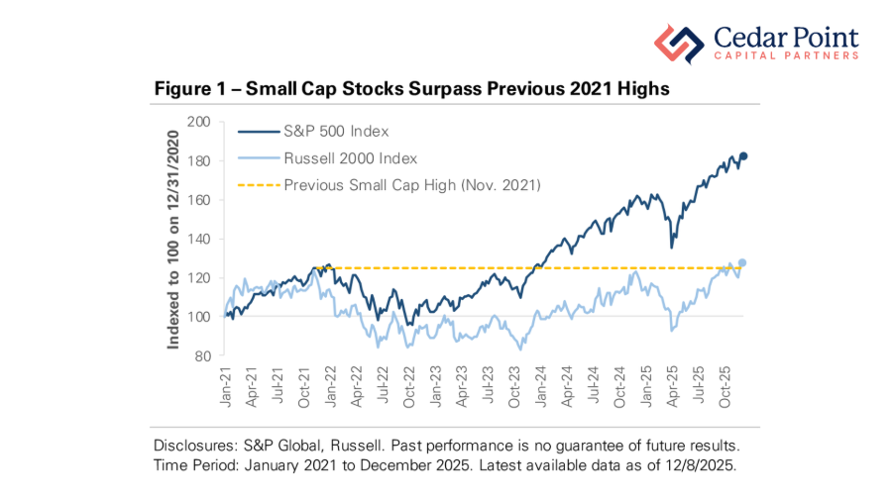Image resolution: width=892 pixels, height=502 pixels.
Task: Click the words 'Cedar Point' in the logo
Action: (x=785, y=37)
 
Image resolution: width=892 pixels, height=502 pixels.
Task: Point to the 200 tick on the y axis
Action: (x=200, y=122)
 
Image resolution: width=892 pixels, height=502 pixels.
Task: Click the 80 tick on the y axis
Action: (x=204, y=355)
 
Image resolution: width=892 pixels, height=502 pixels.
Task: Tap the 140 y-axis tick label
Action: (x=200, y=239)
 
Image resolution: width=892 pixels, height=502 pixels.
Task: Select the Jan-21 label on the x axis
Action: (x=227, y=387)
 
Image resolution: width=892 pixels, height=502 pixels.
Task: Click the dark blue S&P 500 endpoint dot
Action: (x=743, y=155)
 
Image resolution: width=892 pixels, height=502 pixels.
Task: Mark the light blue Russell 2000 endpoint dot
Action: (x=743, y=262)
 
